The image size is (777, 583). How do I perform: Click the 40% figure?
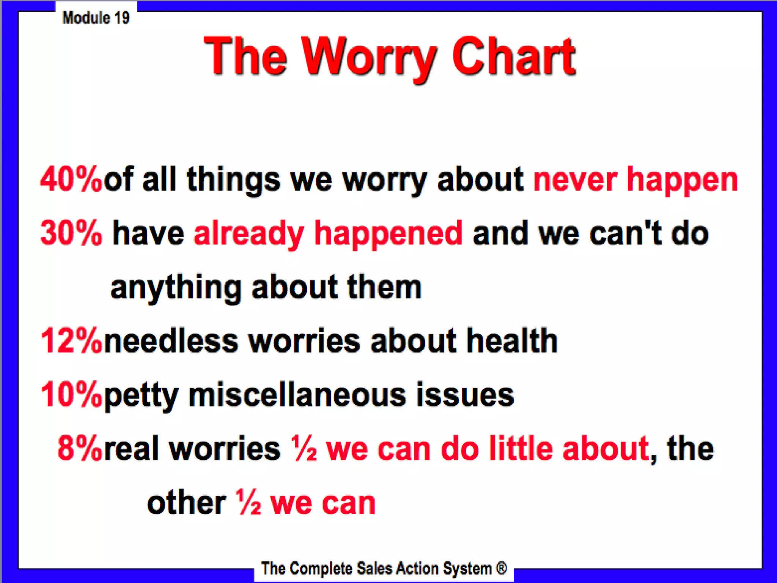71,179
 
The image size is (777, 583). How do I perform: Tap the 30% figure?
71,233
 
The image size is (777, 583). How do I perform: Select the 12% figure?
71,340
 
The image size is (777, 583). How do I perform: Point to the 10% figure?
71,395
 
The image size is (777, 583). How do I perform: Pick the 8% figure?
80,449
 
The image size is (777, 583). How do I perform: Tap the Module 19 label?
96,17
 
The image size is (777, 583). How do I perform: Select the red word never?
575,179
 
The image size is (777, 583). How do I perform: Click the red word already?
249,234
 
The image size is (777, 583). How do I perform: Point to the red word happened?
388,234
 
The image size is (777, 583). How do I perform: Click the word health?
512,340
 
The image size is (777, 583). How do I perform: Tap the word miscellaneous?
297,395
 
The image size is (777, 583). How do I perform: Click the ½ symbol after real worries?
304,449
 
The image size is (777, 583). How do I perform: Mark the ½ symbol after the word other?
249,503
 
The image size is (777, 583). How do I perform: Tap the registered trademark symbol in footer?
501,568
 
